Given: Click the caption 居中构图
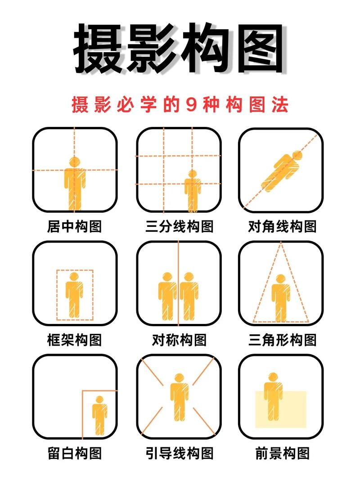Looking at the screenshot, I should (x=74, y=226).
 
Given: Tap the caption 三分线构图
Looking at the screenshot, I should (x=179, y=226).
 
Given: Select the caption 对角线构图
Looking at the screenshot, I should (x=282, y=226).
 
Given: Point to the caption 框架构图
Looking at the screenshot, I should (x=74, y=339).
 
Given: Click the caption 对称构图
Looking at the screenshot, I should (x=179, y=339).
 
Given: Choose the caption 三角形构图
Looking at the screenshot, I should (x=282, y=339).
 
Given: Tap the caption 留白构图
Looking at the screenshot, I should (x=74, y=453).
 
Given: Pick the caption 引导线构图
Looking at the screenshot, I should (x=179, y=453).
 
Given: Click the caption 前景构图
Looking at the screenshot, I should (x=282, y=453).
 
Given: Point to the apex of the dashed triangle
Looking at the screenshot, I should (x=281, y=243).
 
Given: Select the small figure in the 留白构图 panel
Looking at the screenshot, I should (x=100, y=414).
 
